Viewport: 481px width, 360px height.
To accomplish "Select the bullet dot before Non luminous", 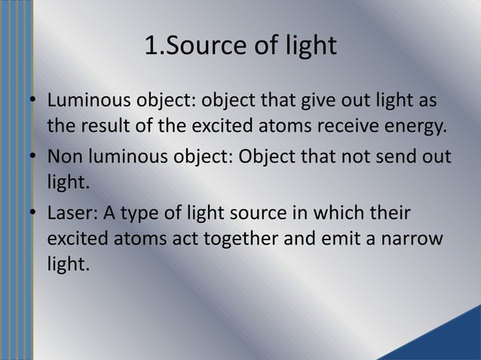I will [x=33, y=157].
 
